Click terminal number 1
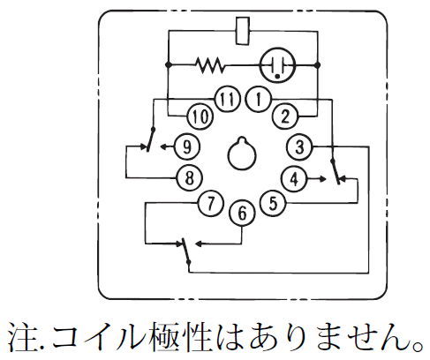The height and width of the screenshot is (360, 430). click(258, 99)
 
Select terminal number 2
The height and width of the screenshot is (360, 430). click(285, 116)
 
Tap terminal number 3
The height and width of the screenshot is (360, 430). click(299, 146)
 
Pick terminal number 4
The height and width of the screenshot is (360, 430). click(294, 178)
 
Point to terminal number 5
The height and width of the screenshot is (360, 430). click(273, 203)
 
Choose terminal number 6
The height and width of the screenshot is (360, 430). click(242, 213)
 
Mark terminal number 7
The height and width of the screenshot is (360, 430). click(210, 203)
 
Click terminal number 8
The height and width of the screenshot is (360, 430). click(189, 177)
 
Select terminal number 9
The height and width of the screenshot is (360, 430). click(187, 146)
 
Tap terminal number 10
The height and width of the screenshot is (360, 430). click(200, 116)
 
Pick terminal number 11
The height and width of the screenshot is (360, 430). click(227, 99)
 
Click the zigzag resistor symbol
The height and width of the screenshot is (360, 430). click(210, 64)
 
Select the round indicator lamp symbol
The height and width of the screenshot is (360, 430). click(276, 65)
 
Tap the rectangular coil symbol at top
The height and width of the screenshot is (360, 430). click(243, 31)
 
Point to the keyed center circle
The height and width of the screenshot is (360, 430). click(242, 154)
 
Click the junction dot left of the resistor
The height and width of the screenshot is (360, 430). click(169, 64)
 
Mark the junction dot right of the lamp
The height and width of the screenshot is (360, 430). click(317, 64)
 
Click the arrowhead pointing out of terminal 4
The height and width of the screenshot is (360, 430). click(322, 178)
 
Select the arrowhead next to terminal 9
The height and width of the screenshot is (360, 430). click(163, 146)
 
